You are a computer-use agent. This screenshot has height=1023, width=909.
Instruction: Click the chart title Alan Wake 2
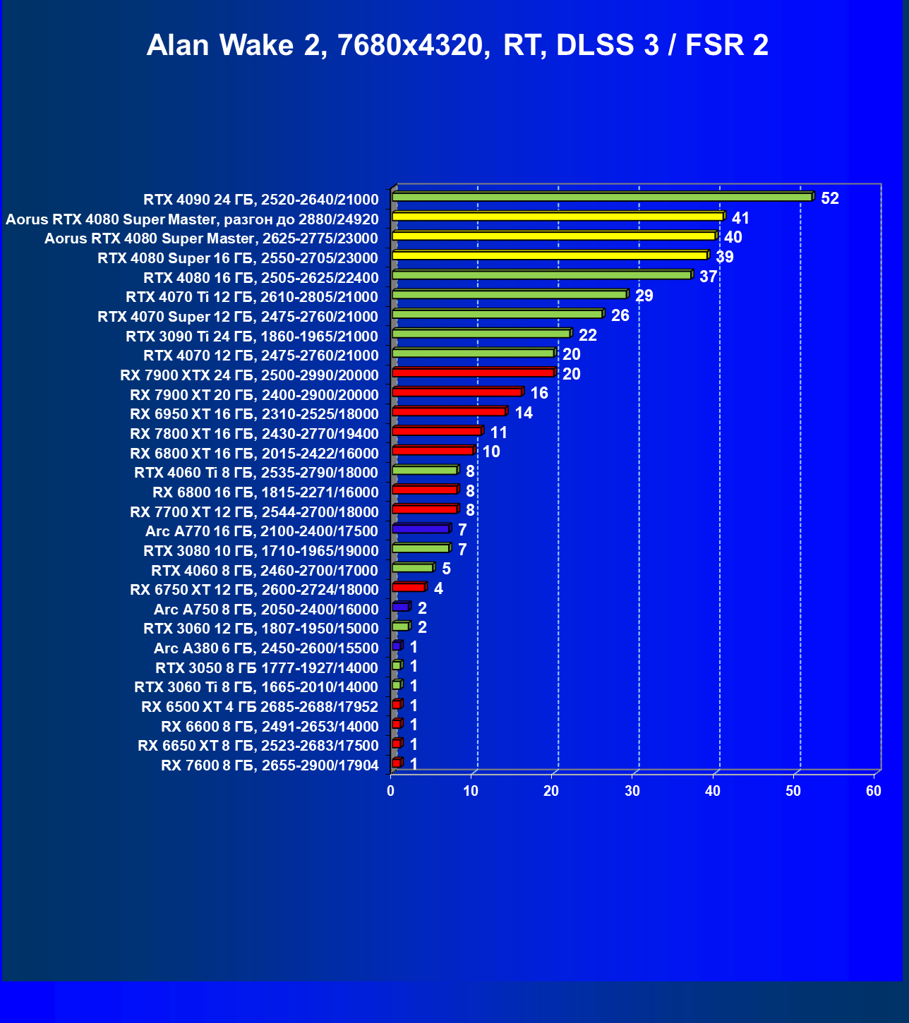coord(457,45)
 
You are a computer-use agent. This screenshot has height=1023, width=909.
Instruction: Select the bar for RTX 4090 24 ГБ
coord(602,197)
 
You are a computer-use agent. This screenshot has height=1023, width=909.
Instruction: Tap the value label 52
coord(830,198)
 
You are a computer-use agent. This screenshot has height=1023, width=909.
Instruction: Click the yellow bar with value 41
coord(558,217)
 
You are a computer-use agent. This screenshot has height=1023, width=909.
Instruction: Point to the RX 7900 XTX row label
coord(249,375)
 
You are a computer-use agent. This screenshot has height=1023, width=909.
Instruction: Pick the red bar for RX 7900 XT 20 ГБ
coord(457,392)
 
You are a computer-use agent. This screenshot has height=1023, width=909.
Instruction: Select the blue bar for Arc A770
coord(421,528)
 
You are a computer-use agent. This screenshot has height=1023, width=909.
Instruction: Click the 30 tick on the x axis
coord(632,791)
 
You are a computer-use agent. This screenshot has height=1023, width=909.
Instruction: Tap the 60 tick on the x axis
coord(874,791)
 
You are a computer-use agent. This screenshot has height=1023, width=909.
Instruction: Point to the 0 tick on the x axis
coord(391,791)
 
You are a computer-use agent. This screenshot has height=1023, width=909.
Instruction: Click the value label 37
coord(708,277)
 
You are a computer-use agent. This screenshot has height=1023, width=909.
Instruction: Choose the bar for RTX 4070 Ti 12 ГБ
coord(509,294)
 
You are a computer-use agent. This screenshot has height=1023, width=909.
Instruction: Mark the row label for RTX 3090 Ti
coord(252,337)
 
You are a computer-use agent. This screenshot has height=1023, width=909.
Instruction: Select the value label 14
coord(524,413)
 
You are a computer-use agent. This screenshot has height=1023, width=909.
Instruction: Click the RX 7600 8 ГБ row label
coord(270,765)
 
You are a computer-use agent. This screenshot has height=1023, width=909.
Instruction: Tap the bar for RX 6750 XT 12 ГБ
coord(409,587)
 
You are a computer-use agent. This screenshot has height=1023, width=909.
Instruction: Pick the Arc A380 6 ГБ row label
coord(266,648)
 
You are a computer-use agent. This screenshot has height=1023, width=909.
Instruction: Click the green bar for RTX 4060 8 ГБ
coord(412,567)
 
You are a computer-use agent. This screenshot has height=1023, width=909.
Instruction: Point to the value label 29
coord(644,296)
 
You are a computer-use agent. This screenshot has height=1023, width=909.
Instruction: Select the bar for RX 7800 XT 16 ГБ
coord(437,431)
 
